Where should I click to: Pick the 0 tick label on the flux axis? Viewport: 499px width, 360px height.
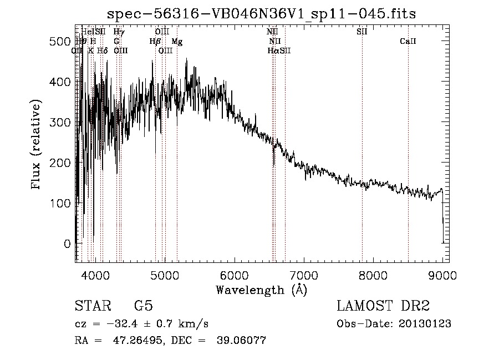coord(67,244)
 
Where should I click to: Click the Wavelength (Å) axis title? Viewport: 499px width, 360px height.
coord(261,290)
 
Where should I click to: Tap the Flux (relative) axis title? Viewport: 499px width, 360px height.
coord(37,145)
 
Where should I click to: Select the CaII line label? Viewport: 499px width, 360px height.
coord(408,42)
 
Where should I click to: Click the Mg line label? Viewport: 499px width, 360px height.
coord(177,42)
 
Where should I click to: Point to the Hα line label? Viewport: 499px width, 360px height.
coord(273,50)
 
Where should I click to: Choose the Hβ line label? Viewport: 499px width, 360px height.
coord(155,42)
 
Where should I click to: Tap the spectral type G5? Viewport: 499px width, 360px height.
coord(144,306)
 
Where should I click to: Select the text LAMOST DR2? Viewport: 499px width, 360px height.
coord(383,306)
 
